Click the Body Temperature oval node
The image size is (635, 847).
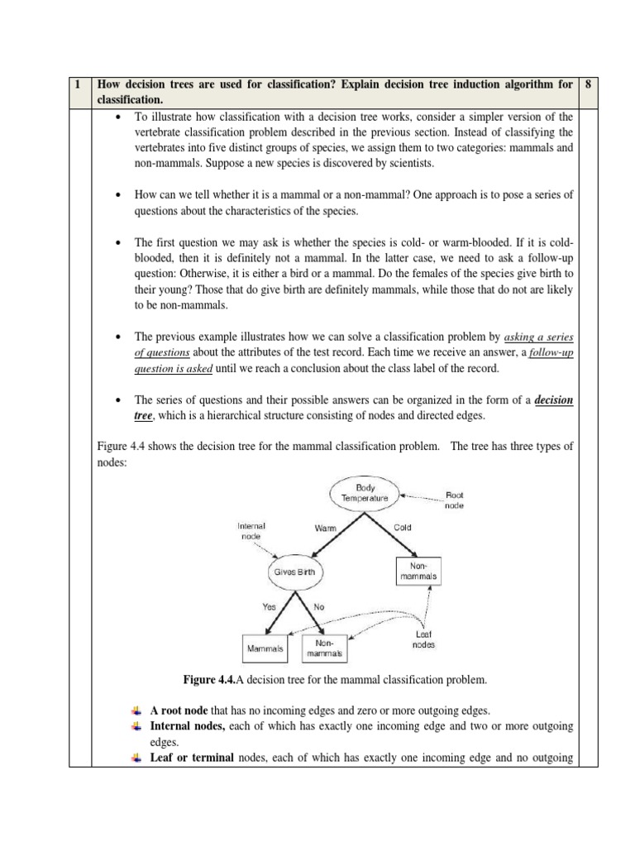pyautogui.click(x=365, y=493)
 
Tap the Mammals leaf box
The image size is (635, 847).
pyautogui.click(x=265, y=649)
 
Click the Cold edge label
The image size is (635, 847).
pyautogui.click(x=403, y=527)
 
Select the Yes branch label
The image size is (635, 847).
pyautogui.click(x=270, y=606)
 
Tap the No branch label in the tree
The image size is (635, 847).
pyautogui.click(x=319, y=606)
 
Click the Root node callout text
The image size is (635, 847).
pyautogui.click(x=455, y=500)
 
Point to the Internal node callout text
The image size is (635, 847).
pyautogui.click(x=251, y=530)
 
